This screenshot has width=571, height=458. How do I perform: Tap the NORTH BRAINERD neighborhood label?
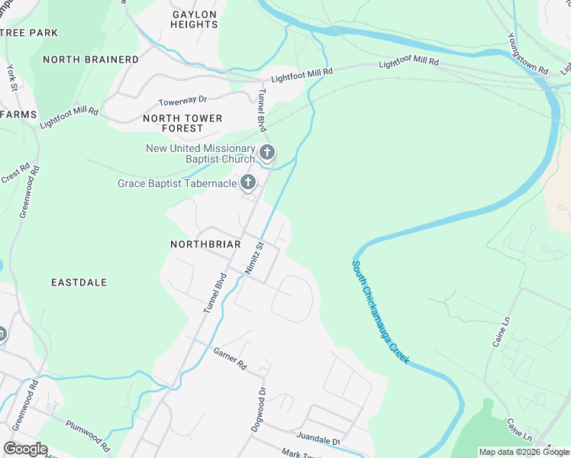[x=91, y=60]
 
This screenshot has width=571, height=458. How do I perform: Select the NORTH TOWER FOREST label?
[x=183, y=124]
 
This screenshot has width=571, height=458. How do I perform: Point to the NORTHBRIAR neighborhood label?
[x=206, y=244]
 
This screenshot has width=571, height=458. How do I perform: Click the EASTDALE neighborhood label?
[x=79, y=282]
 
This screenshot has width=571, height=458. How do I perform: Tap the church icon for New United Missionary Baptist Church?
[x=267, y=153]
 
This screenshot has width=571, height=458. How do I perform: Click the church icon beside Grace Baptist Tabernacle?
[x=248, y=182]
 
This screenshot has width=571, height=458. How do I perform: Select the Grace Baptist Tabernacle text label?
[x=176, y=183]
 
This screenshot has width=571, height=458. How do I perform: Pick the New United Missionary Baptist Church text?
[x=200, y=153]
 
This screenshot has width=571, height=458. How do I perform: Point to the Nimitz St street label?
[x=253, y=259]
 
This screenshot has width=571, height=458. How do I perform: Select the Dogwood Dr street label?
[x=259, y=410]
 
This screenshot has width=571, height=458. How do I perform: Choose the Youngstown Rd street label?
[x=528, y=53]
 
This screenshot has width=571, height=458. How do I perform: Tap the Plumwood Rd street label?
[x=87, y=435]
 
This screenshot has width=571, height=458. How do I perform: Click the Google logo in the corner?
[x=25, y=448]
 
